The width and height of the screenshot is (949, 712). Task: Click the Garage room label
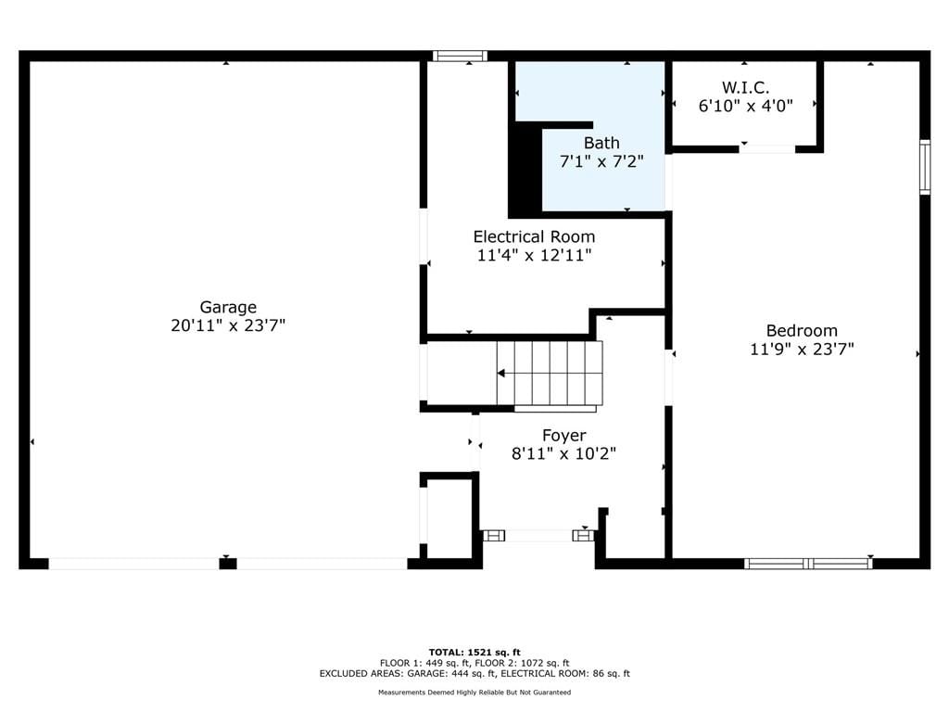coord(228,307)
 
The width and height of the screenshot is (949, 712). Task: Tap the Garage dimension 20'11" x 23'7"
coord(228,325)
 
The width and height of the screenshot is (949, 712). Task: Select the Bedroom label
coord(802,331)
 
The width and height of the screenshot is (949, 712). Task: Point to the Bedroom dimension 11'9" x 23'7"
coord(802,350)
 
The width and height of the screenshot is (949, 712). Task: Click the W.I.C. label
coord(746,87)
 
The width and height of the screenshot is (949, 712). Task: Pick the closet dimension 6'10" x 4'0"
coord(746,106)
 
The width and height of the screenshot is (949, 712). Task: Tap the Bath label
coord(601,143)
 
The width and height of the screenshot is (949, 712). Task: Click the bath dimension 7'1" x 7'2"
coord(601,161)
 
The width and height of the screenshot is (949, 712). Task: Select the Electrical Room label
coord(535,236)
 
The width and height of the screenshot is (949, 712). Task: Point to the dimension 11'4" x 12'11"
coord(535,255)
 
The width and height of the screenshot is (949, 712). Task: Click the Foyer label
coord(564,436)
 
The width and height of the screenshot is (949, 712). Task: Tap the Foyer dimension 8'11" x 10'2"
coord(564,453)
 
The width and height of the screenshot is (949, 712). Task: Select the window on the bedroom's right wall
coord(925,167)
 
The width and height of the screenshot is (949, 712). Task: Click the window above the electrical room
coord(460,57)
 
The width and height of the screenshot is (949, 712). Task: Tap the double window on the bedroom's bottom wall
coord(808,564)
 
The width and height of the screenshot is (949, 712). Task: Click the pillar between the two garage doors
coord(228,564)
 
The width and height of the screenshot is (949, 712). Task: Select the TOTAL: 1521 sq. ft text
coord(474,652)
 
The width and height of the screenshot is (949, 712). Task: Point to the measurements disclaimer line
coord(474,692)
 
